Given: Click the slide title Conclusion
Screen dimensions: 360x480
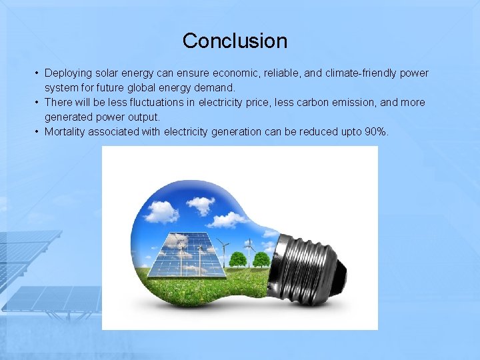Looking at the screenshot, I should (235, 41).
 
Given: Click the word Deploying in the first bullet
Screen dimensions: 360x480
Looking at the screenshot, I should (67, 73).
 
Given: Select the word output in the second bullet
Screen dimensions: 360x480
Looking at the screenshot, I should (145, 117).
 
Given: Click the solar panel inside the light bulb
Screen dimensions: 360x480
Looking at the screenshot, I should (180, 253).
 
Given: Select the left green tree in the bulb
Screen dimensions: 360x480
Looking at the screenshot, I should (237, 259).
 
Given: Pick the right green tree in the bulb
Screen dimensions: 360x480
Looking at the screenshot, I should (261, 259).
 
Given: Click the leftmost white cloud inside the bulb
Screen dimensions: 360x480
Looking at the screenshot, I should (161, 213).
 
